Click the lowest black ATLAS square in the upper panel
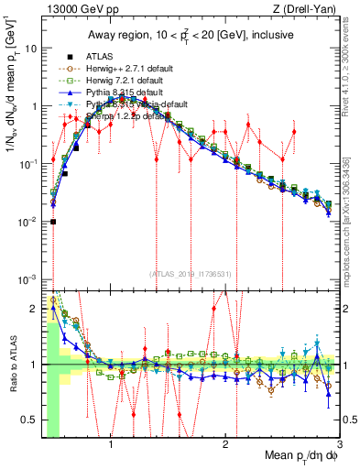pos(53,221)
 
